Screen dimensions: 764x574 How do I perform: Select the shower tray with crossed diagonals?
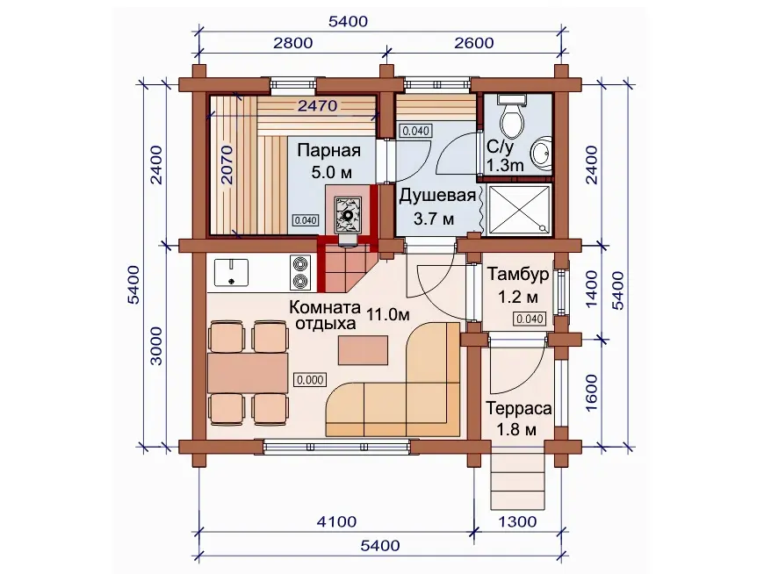click(519, 210)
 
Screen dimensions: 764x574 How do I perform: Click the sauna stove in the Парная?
click(348, 216)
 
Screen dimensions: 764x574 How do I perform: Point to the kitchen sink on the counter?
click(231, 273)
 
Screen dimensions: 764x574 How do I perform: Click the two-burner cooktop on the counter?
click(299, 272)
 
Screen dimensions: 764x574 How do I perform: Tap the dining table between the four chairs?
click(248, 373)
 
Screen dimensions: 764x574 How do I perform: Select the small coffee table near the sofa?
click(363, 350)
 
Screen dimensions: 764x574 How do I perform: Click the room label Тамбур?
click(518, 275)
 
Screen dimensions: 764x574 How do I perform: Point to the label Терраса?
click(518, 408)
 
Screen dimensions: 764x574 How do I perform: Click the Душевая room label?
click(437, 196)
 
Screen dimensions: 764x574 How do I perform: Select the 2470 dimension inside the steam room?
click(317, 105)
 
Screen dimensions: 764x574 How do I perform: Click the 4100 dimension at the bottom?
click(336, 522)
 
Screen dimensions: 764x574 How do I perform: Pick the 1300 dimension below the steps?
click(517, 522)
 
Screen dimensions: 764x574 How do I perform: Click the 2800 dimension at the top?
click(292, 43)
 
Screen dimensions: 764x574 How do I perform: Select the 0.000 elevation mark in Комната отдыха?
click(310, 380)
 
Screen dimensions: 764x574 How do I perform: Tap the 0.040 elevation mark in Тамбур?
click(530, 319)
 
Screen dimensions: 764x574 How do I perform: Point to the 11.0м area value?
click(388, 314)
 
